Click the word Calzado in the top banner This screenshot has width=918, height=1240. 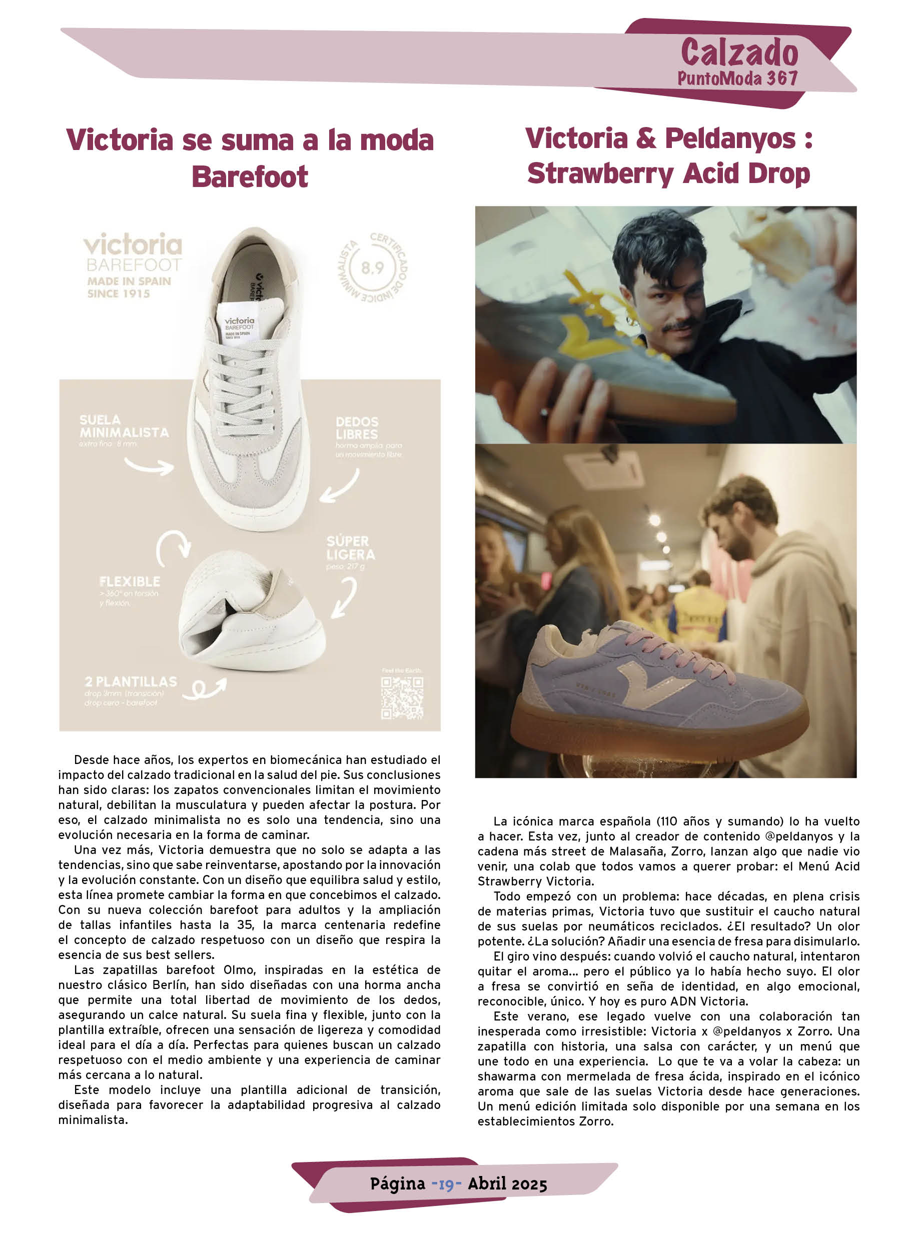739,53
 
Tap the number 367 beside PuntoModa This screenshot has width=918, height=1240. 782,79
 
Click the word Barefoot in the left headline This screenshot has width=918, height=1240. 250,176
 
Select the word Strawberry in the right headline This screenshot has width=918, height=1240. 600,174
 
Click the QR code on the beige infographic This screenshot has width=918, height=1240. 402,698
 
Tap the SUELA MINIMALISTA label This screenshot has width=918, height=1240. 124,426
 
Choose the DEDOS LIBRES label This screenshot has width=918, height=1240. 357,428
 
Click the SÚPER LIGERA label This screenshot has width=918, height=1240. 350,547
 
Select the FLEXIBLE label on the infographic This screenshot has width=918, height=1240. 130,581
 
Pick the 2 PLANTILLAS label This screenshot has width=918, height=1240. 131,681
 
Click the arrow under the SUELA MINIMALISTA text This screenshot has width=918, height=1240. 149,466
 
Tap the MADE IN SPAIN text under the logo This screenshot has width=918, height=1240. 129,281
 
